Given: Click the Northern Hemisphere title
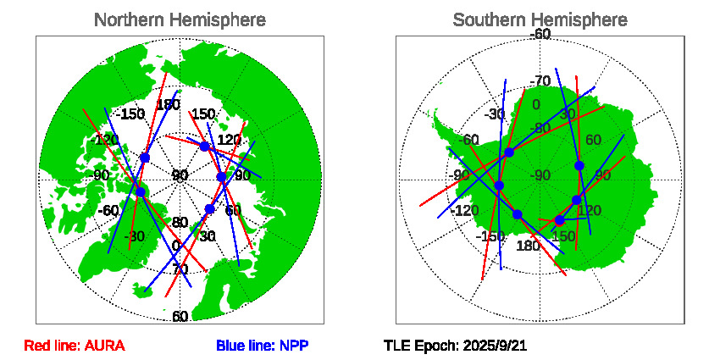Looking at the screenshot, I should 180,19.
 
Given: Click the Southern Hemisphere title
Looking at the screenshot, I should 540,19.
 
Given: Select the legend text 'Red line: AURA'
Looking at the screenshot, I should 75,346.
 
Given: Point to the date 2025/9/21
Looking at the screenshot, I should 490,346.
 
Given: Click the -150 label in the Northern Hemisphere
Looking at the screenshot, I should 130,114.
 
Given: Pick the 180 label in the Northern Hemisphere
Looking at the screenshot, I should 168,106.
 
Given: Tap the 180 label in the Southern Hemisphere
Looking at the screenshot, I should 528,246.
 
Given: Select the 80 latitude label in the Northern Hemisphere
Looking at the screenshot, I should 180,223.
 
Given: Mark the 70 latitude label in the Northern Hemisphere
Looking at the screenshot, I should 180,269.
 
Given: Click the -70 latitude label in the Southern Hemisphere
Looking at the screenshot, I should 540,81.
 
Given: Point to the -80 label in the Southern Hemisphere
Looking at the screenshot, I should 540,128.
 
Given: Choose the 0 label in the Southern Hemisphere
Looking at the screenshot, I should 535,105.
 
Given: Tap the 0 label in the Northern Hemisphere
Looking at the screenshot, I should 176,246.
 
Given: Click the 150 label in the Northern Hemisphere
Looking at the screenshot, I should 202,114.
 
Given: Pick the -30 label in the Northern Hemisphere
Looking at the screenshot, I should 134,236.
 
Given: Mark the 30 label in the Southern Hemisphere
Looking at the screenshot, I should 568,114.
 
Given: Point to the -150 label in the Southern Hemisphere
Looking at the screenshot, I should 490,236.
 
